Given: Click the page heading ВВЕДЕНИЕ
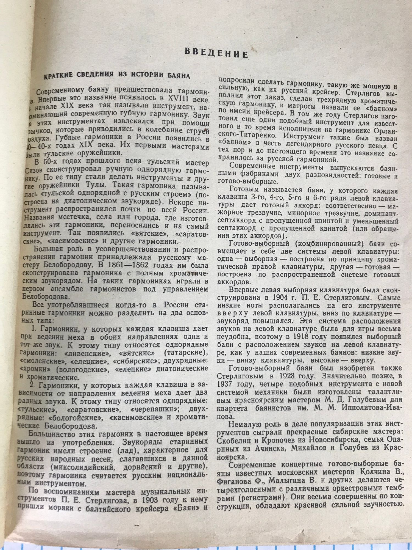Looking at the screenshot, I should [x=216, y=53].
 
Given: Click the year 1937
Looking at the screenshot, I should [x=225, y=383].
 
